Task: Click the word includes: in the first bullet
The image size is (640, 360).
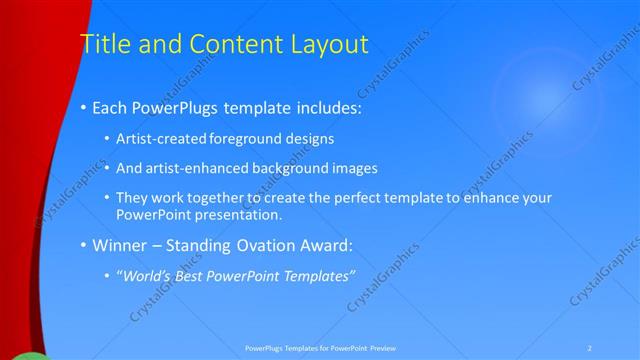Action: [x=321, y=107]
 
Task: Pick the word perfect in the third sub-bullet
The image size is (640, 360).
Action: [x=345, y=198]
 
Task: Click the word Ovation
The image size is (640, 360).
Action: [x=267, y=245]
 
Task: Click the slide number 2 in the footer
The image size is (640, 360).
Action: [x=590, y=348]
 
